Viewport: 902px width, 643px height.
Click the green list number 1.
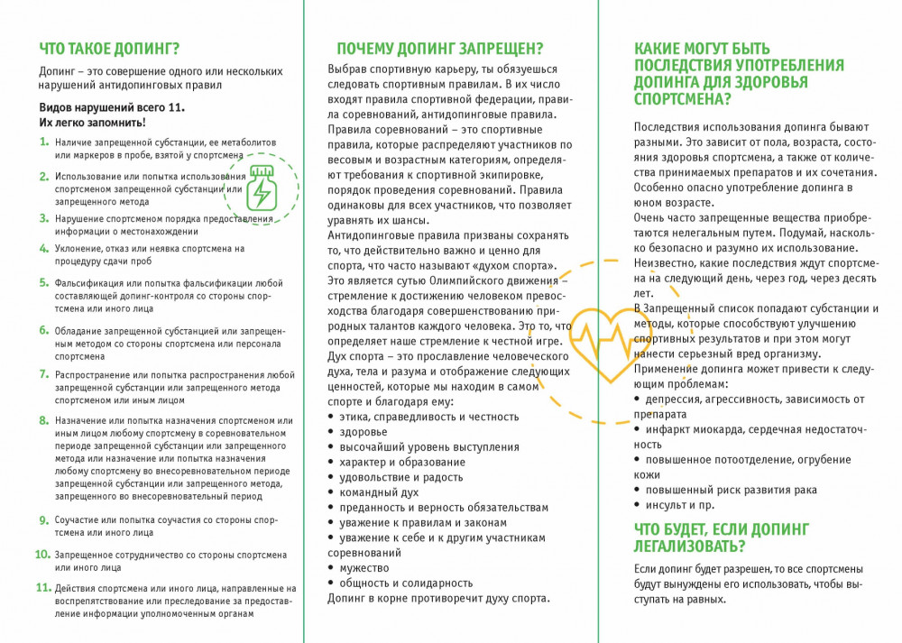point(44,142)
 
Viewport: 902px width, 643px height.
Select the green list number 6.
point(44,330)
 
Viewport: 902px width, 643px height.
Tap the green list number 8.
point(44,420)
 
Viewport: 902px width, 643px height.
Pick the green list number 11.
point(42,588)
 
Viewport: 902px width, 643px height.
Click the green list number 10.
point(42,555)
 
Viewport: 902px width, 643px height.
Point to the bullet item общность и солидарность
point(405,583)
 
